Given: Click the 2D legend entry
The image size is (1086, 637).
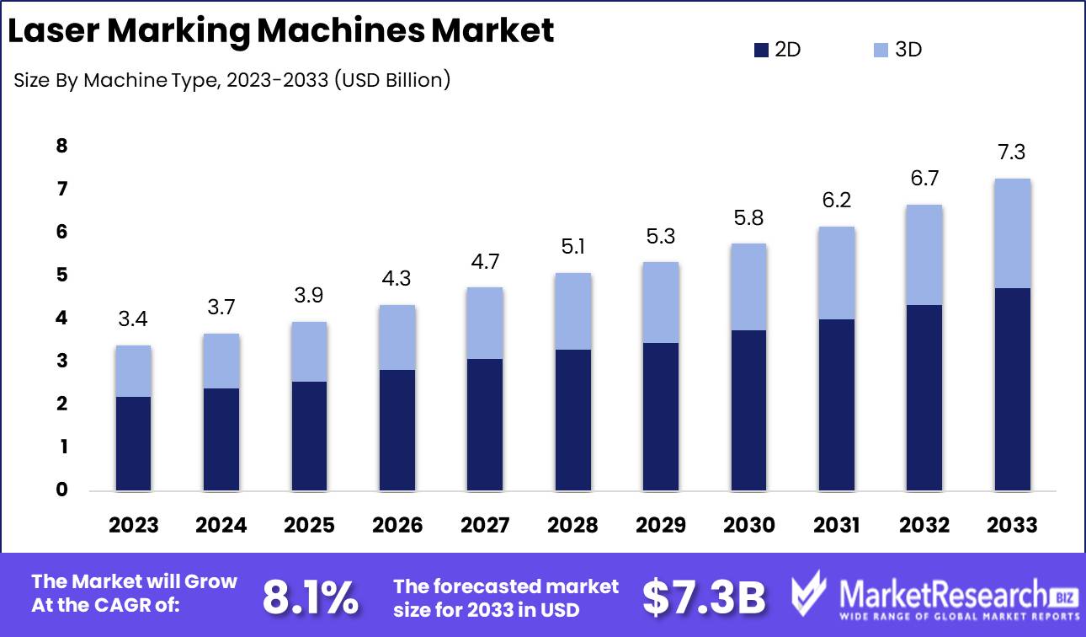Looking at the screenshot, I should pyautogui.click(x=778, y=50).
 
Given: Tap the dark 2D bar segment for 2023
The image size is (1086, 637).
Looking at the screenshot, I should pyautogui.click(x=133, y=443).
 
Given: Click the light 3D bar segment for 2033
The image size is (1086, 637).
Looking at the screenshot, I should pyautogui.click(x=1012, y=233).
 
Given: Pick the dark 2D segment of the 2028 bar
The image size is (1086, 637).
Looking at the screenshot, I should pyautogui.click(x=572, y=420).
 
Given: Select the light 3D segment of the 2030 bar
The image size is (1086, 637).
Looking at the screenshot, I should pyautogui.click(x=748, y=286).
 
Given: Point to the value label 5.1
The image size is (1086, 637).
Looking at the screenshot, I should pyautogui.click(x=572, y=247).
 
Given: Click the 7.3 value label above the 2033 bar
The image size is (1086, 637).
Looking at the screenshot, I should pyautogui.click(x=1012, y=153).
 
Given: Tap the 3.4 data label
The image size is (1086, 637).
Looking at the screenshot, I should pyautogui.click(x=133, y=319).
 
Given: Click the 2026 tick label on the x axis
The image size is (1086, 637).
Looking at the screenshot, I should pyautogui.click(x=397, y=525).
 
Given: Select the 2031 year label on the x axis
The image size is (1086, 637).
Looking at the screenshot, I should pyautogui.click(x=836, y=525).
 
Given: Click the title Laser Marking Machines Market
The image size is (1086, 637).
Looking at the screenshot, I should pyautogui.click(x=279, y=30).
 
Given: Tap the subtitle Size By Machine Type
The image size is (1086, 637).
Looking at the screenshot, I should pyautogui.click(x=232, y=81).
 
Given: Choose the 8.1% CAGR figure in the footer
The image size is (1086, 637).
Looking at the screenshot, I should pyautogui.click(x=309, y=597).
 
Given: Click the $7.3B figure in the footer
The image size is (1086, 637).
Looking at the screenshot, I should pyautogui.click(x=704, y=597).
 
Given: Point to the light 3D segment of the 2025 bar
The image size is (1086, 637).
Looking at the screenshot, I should pyautogui.click(x=309, y=351).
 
